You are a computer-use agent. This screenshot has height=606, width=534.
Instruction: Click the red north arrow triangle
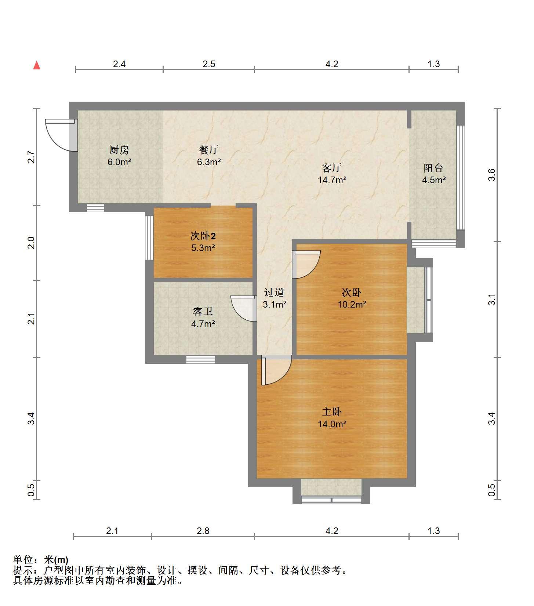(x=37, y=65)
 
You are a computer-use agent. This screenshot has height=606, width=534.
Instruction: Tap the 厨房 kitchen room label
(x=119, y=150)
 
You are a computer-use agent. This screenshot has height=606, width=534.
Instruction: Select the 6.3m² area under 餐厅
(x=209, y=162)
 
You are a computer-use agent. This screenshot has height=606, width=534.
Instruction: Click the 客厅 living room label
(x=332, y=168)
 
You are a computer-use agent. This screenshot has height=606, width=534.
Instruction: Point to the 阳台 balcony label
(x=433, y=168)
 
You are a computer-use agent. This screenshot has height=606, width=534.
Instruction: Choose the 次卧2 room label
(x=203, y=236)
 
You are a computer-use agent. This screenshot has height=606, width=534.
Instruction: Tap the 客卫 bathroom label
(x=203, y=312)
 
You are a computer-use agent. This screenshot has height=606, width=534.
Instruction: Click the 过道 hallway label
(x=274, y=293)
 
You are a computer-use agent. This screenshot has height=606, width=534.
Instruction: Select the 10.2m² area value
(x=352, y=304)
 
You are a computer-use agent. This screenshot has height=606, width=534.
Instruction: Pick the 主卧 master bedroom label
(x=332, y=412)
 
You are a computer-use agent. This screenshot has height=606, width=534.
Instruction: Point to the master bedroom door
(x=276, y=371)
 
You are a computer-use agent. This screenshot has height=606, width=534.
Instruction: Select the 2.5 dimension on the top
(x=209, y=64)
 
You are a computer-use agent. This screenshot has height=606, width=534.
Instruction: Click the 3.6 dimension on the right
(x=492, y=175)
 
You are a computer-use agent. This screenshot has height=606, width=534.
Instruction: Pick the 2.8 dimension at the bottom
(x=203, y=531)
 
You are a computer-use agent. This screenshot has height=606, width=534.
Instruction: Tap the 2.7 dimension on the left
(x=32, y=157)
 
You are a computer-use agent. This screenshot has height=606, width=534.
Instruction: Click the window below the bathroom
(x=200, y=359)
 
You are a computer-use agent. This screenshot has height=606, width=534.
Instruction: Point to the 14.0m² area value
(x=332, y=424)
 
